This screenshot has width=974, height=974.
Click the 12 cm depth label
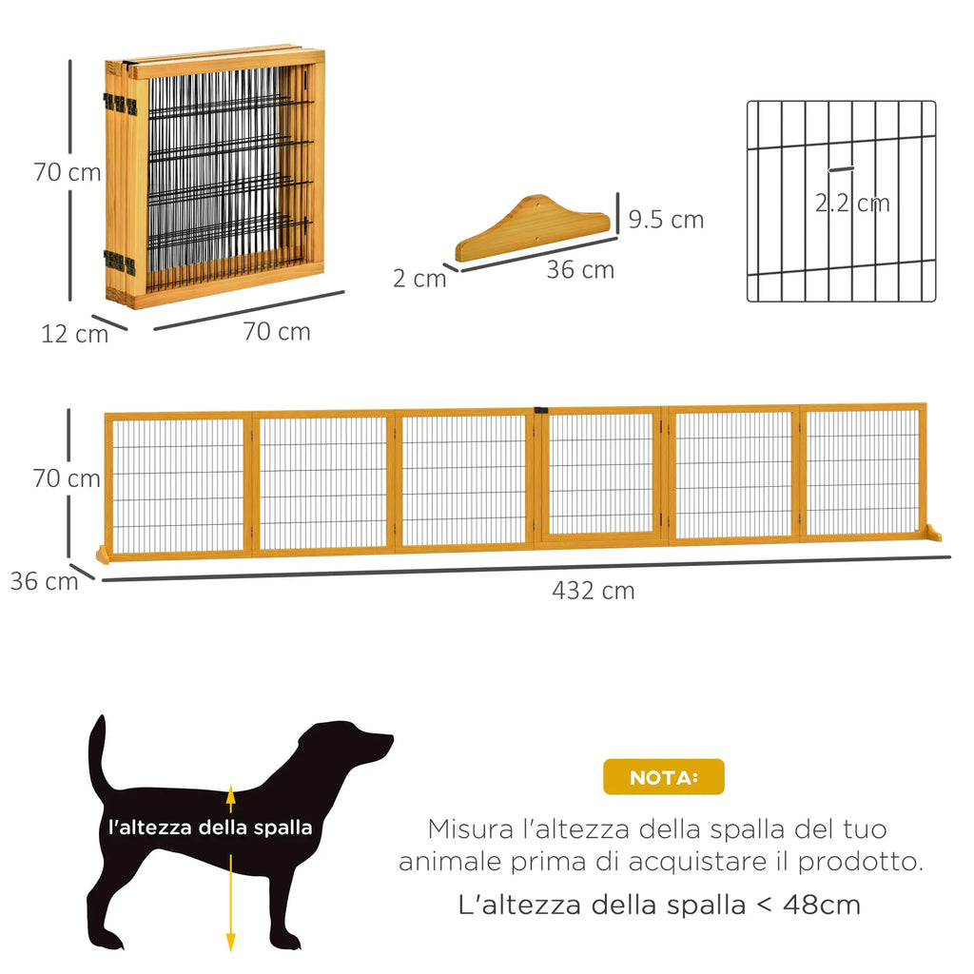(74, 334)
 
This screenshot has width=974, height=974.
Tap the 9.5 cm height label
(666, 220)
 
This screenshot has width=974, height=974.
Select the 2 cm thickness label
(419, 279)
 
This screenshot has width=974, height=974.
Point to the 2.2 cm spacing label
(852, 203)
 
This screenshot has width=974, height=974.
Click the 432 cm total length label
(593, 591)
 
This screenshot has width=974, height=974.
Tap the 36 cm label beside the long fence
(44, 581)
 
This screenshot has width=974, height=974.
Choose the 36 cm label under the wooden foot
(579, 270)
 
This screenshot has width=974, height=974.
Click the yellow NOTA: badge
(663, 777)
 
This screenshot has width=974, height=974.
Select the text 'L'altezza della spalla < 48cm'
(659, 905)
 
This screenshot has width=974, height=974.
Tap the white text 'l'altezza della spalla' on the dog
(210, 828)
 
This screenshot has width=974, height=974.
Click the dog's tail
(97, 751)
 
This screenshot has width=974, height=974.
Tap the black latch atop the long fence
(541, 410)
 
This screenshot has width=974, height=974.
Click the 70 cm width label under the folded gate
(277, 332)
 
